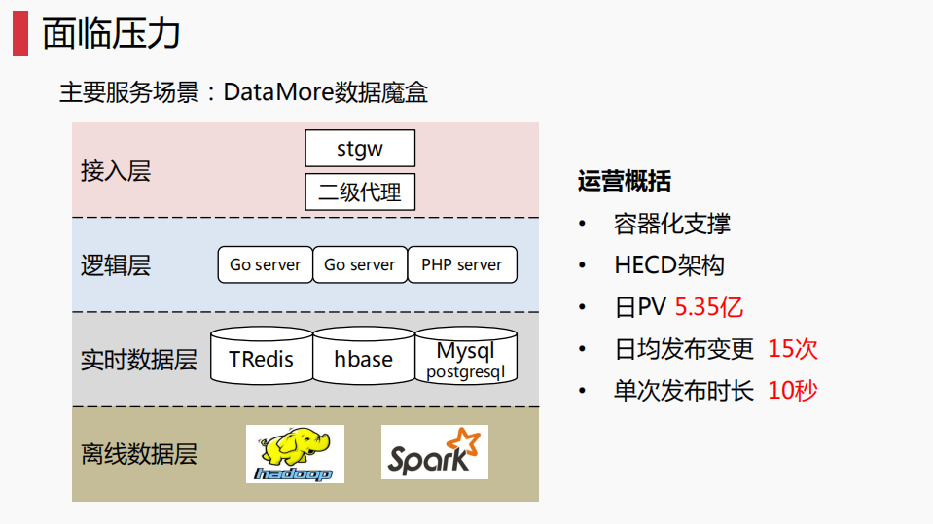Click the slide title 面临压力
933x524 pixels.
coord(112,34)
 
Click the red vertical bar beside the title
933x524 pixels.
coord(19,34)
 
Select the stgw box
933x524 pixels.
coord(360,149)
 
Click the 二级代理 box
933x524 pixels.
coord(360,192)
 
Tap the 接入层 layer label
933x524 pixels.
coord(116,172)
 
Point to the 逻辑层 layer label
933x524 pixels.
coord(116,265)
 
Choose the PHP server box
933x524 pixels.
coord(462,264)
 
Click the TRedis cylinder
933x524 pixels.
coord(261,359)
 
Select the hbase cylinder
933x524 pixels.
coord(363,359)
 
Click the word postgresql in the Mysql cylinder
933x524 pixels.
coord(465,372)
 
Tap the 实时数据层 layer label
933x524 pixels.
coord(139,360)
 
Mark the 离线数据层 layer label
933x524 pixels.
coord(139,454)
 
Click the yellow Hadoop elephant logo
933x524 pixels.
coord(295,452)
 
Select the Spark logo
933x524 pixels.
coord(434,452)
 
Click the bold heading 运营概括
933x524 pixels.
coord(624,182)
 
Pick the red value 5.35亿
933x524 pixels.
coord(708,308)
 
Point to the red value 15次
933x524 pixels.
coord(792,349)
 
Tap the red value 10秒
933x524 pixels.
coord(792,391)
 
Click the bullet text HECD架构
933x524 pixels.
coord(669,265)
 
